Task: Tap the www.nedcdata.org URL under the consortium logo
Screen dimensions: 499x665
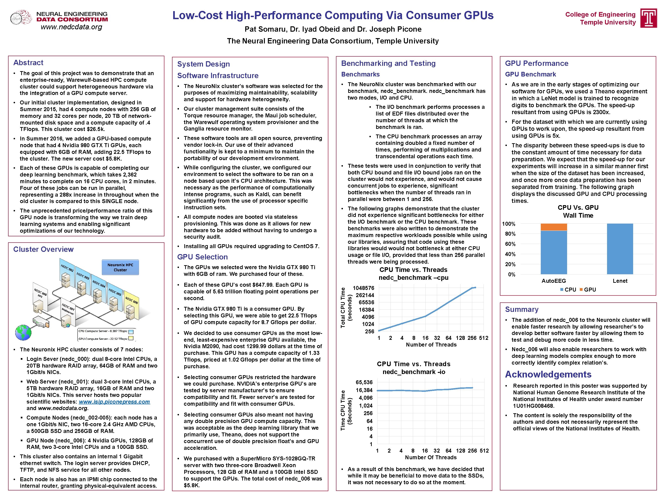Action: (x=72, y=27)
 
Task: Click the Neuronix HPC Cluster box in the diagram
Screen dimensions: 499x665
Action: (x=120, y=267)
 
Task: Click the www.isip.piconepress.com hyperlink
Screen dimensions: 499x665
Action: (x=114, y=402)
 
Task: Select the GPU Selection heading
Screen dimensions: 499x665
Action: (x=202, y=257)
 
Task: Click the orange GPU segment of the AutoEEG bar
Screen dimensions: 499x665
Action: (x=553, y=227)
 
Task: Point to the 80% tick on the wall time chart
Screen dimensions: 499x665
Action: (x=510, y=234)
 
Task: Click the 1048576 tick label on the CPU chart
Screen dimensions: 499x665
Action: (x=363, y=288)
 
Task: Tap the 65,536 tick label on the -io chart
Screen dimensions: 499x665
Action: (x=364, y=382)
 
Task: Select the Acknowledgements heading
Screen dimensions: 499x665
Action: (x=548, y=374)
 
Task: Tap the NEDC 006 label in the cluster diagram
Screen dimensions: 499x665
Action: (x=131, y=300)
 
